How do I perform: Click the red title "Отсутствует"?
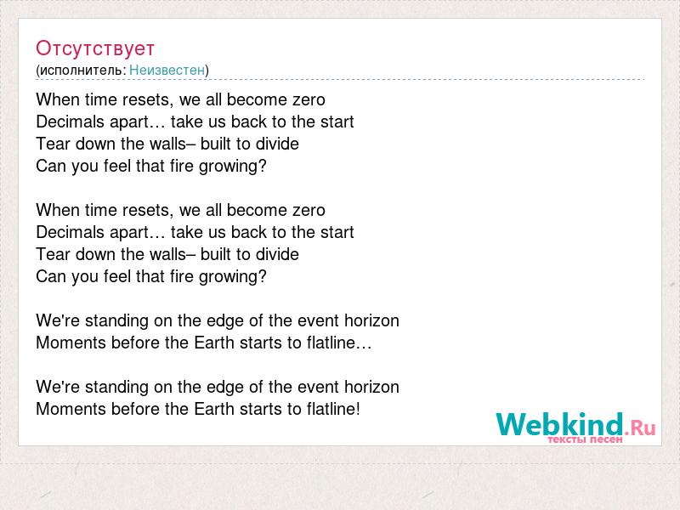(95, 48)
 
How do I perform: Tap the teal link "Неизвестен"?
(167, 70)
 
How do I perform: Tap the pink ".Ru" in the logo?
(640, 428)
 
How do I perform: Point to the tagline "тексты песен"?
(585, 439)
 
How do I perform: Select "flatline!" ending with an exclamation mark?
(333, 409)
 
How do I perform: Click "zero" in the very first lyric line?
(309, 99)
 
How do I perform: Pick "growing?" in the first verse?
(232, 167)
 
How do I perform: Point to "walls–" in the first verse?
(173, 144)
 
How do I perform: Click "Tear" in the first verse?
(54, 144)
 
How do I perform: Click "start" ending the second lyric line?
(337, 122)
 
